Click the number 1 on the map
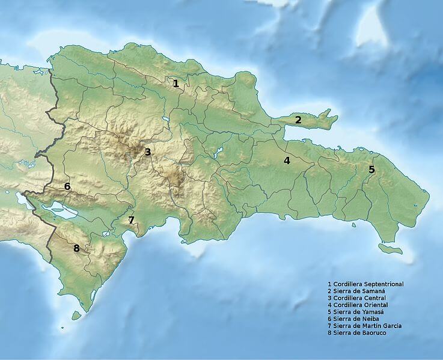(x=176, y=84)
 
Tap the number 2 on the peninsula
(x=298, y=120)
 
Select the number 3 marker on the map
(x=147, y=153)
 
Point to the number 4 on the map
(x=287, y=160)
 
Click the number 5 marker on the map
(x=371, y=169)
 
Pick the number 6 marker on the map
(x=67, y=186)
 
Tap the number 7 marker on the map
(x=131, y=220)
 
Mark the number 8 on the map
(x=76, y=248)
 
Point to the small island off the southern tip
(x=76, y=315)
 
